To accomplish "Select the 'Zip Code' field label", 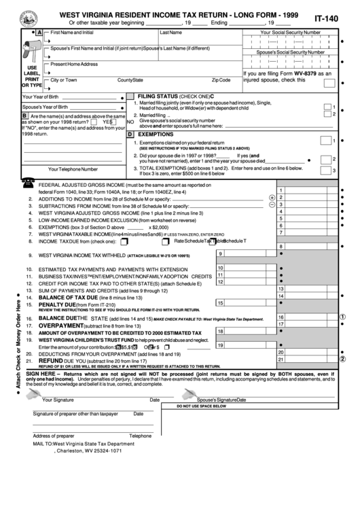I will point(221,80).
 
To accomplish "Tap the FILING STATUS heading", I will point(166,96).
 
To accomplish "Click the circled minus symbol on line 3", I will point(272,204).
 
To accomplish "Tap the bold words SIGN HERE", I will point(42,374).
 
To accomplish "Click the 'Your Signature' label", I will point(58,400).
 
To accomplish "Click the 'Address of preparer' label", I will point(54,436).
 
